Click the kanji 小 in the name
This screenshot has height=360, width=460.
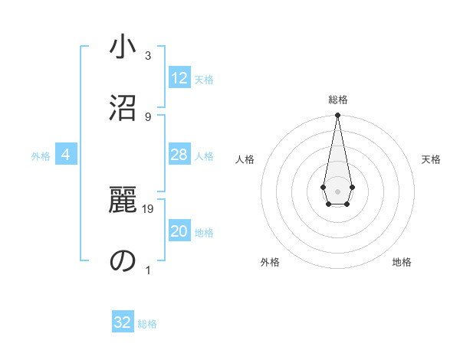pos(122,48)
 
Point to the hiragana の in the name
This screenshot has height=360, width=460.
pos(122,261)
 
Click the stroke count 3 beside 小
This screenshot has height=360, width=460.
pos(148,56)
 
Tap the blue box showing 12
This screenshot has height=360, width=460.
pos(179,78)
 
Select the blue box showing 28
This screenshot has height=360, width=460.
pos(179,155)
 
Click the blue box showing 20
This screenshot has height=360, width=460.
pos(179,231)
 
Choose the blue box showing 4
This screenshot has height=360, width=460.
pos(66,155)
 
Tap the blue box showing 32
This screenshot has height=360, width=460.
pos(123,322)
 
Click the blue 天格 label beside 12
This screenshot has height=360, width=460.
pos(204,80)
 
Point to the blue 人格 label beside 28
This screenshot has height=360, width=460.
pos(204,156)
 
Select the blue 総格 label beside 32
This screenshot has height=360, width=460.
pos(147,324)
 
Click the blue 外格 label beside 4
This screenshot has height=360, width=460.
pos(41,156)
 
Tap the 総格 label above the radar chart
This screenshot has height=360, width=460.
pos(337,100)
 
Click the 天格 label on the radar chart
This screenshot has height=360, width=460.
pos(431,159)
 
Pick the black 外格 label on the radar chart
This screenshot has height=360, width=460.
pos(270,262)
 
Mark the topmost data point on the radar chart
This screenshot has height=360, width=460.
pos(337,116)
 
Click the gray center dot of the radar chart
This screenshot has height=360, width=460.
pos(337,190)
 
